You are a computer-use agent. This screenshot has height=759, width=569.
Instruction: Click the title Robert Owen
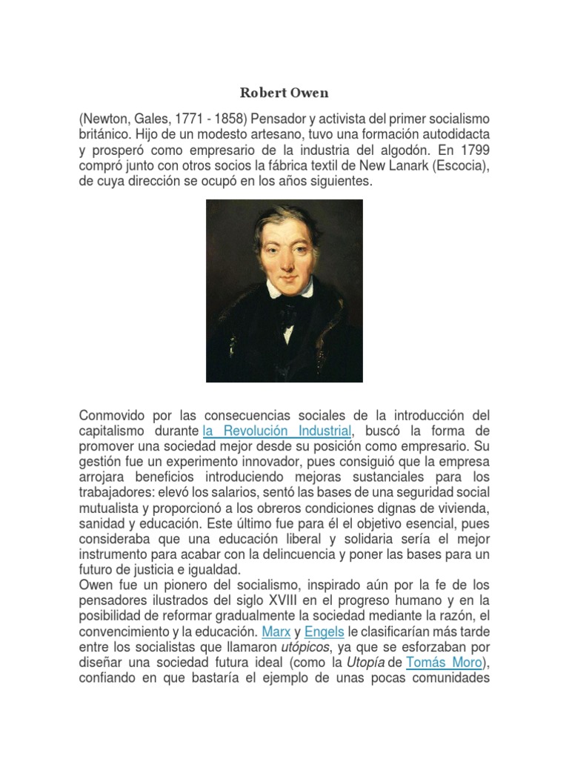(x=284, y=93)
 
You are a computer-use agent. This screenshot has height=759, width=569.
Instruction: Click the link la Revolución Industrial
(x=276, y=431)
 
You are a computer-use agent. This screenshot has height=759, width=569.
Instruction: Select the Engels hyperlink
(x=325, y=632)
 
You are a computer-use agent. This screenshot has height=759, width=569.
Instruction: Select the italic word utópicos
(x=304, y=647)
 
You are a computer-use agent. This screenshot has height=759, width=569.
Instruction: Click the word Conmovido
(x=115, y=415)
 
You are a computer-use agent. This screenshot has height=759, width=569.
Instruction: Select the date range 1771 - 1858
(x=208, y=119)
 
